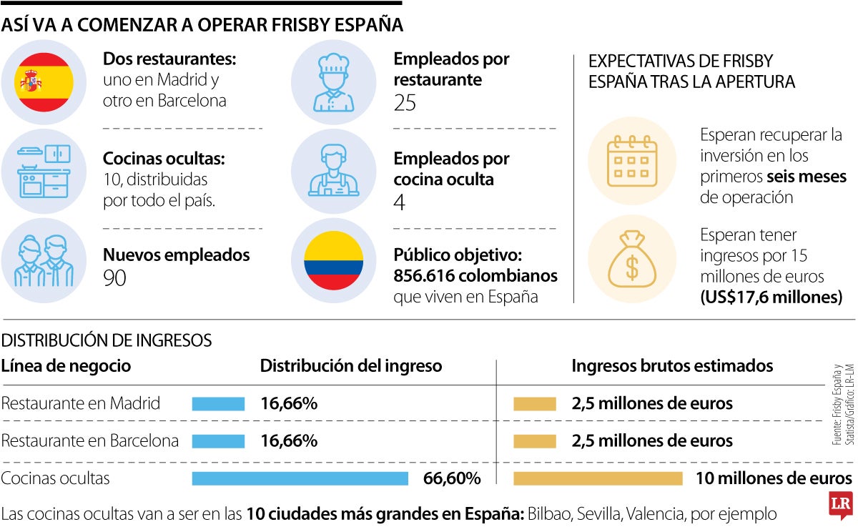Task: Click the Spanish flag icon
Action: point(44,82)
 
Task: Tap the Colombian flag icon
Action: point(333,261)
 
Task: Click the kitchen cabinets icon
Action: point(44,172)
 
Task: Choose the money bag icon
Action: point(631,261)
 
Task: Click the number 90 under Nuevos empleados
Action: point(114,278)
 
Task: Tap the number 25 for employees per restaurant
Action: point(405,104)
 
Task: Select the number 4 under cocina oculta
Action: point(400,202)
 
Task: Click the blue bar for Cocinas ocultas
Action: point(300,478)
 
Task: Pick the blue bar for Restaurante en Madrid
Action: point(218,404)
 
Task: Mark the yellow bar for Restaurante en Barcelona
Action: point(534,440)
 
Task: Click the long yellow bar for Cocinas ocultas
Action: point(598,478)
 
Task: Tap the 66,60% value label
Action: point(452,478)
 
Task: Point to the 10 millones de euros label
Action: point(774,478)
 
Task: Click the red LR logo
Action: point(839,505)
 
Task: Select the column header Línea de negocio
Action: point(66,366)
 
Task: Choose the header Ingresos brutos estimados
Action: point(672,366)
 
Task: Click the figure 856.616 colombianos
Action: point(475,276)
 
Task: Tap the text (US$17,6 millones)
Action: point(771,297)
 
